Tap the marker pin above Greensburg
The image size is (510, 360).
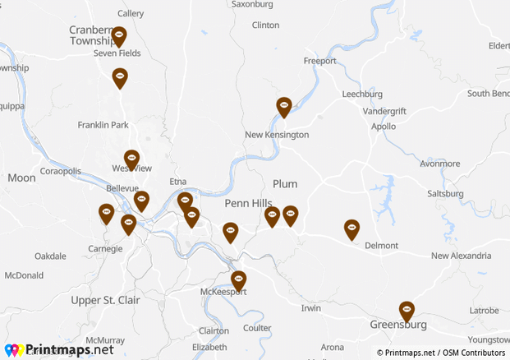407,311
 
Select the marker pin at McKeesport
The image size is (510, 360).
238,280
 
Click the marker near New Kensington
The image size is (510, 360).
283,107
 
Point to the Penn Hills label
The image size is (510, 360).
248,203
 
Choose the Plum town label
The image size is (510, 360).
285,184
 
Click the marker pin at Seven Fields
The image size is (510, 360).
119,36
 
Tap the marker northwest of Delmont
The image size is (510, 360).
351,228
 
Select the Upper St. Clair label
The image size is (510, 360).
106,300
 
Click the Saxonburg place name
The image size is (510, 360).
252,4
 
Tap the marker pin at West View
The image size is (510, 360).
131,159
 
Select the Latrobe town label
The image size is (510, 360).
484,311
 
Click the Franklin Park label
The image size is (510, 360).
103,126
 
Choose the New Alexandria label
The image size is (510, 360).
461,256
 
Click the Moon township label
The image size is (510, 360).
21,178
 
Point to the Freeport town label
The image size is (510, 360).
320,62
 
